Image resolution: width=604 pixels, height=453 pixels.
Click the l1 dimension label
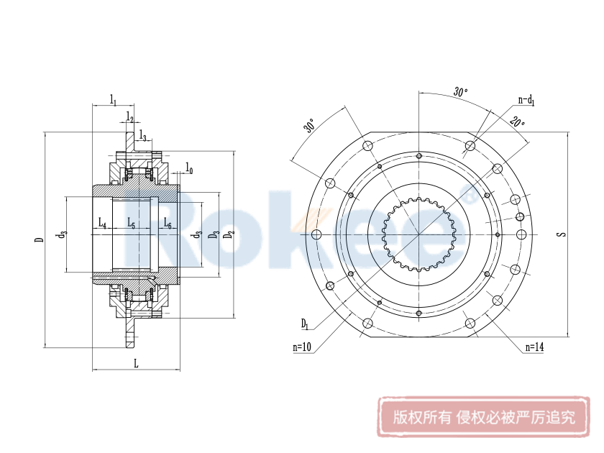click(x=114, y=99)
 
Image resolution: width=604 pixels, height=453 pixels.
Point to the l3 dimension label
click(x=144, y=136)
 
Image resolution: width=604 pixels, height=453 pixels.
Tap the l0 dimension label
click(x=189, y=168)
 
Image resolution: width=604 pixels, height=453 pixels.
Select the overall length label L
click(x=135, y=363)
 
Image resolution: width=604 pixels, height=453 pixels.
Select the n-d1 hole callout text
click(x=526, y=101)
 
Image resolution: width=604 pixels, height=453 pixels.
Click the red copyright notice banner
click(x=484, y=417)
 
